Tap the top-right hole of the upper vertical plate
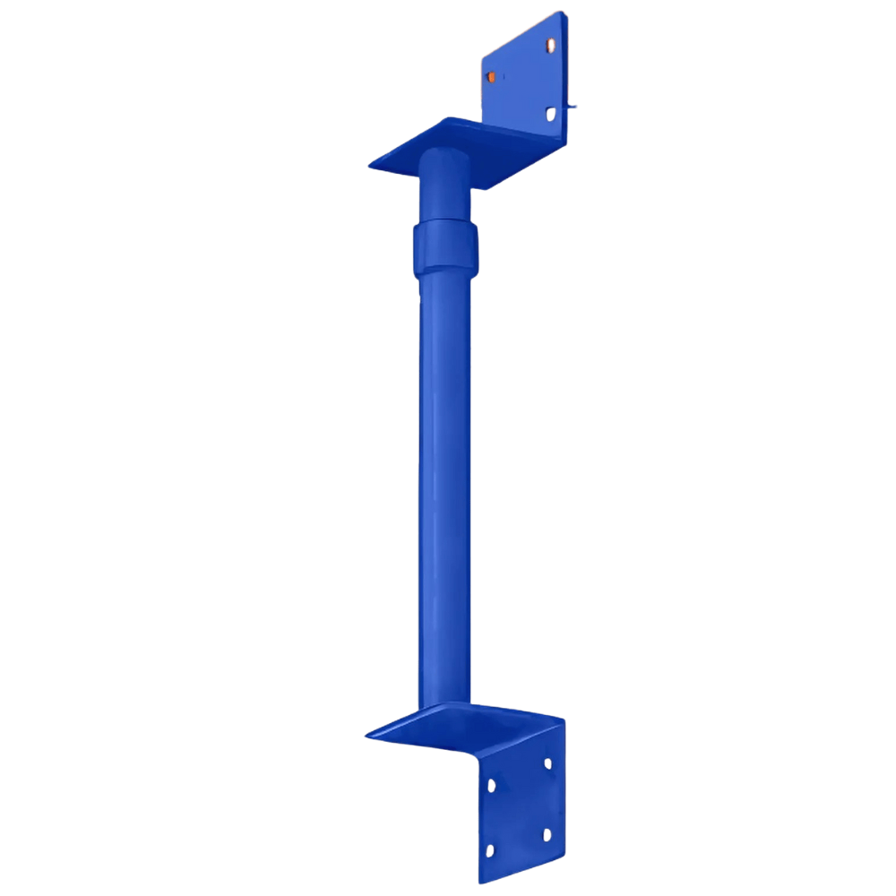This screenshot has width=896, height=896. (x=547, y=42)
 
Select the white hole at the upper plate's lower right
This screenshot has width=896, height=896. (x=551, y=114)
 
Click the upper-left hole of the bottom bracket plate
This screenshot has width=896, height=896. (x=491, y=786)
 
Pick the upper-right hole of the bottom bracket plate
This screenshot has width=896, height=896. (x=547, y=763)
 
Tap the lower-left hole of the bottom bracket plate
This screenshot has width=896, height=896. (x=489, y=850)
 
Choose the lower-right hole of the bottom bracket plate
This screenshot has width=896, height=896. (x=547, y=834)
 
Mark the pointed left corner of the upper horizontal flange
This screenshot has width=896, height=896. (x=368, y=165)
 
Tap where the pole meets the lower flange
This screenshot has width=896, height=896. (x=444, y=708)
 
